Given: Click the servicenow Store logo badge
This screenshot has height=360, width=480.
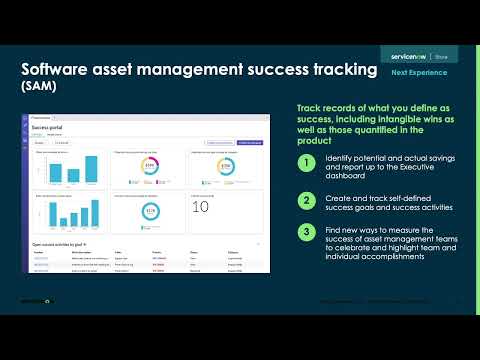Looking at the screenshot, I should (412, 56).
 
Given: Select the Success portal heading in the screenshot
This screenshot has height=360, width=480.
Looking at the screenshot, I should (48, 130).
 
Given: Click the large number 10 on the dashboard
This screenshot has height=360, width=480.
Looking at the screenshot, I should (200, 207).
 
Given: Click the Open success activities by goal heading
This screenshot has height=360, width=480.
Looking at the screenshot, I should (63, 244).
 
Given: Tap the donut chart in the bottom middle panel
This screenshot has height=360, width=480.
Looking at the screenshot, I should (151, 212).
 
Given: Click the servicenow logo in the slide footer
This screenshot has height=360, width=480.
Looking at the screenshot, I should (37, 301).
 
